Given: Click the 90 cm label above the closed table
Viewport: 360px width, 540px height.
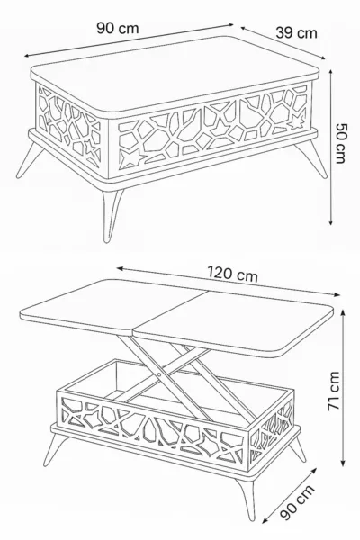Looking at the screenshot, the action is point(118,28).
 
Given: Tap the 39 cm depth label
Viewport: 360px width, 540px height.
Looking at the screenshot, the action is point(296,33).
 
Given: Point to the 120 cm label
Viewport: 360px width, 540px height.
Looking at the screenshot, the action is point(232,274).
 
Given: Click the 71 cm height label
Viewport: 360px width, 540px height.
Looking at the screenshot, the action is point(334,391).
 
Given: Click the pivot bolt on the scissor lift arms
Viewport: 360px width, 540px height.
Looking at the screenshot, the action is point(158,373).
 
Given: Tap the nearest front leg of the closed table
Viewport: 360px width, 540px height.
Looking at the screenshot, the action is point(112,214).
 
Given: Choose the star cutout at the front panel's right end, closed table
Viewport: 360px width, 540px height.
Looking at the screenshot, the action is point(297,121).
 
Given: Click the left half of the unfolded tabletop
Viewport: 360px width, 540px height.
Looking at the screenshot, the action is point(113,308).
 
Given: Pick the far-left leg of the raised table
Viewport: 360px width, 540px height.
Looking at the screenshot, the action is point(54,449).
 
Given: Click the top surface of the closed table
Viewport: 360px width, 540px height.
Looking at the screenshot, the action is point(175,76).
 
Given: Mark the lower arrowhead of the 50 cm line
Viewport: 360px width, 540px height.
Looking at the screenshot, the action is point(331,222).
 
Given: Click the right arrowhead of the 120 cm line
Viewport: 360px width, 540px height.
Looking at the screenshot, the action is point(337,294).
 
